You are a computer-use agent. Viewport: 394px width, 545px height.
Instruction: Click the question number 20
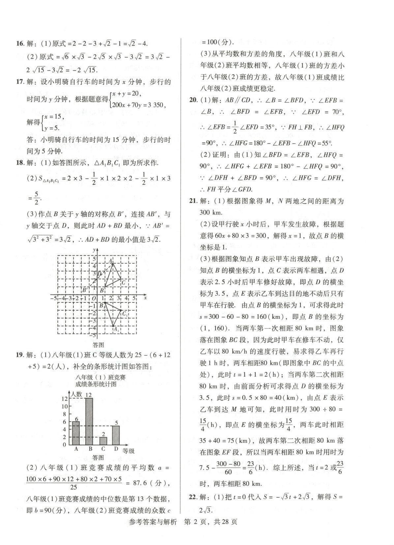(193, 100)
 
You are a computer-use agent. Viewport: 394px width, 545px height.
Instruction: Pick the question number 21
(193, 201)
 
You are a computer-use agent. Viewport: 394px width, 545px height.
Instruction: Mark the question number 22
(193, 497)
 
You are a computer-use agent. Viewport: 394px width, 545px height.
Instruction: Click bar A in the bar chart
(76, 433)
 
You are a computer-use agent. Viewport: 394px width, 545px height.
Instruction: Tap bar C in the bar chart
(103, 441)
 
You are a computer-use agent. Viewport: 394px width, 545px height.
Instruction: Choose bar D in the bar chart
(116, 435)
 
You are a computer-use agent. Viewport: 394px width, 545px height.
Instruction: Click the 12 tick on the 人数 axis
(65, 398)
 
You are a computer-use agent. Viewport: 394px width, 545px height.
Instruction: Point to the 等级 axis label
(128, 451)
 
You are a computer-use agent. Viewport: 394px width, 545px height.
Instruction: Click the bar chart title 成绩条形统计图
(96, 384)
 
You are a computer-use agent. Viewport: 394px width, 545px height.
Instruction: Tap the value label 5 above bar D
(116, 423)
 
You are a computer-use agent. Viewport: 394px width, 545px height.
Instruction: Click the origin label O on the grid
(94, 299)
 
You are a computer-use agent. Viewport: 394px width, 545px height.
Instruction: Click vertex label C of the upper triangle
(123, 282)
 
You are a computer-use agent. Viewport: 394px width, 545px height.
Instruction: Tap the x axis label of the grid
(145, 298)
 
